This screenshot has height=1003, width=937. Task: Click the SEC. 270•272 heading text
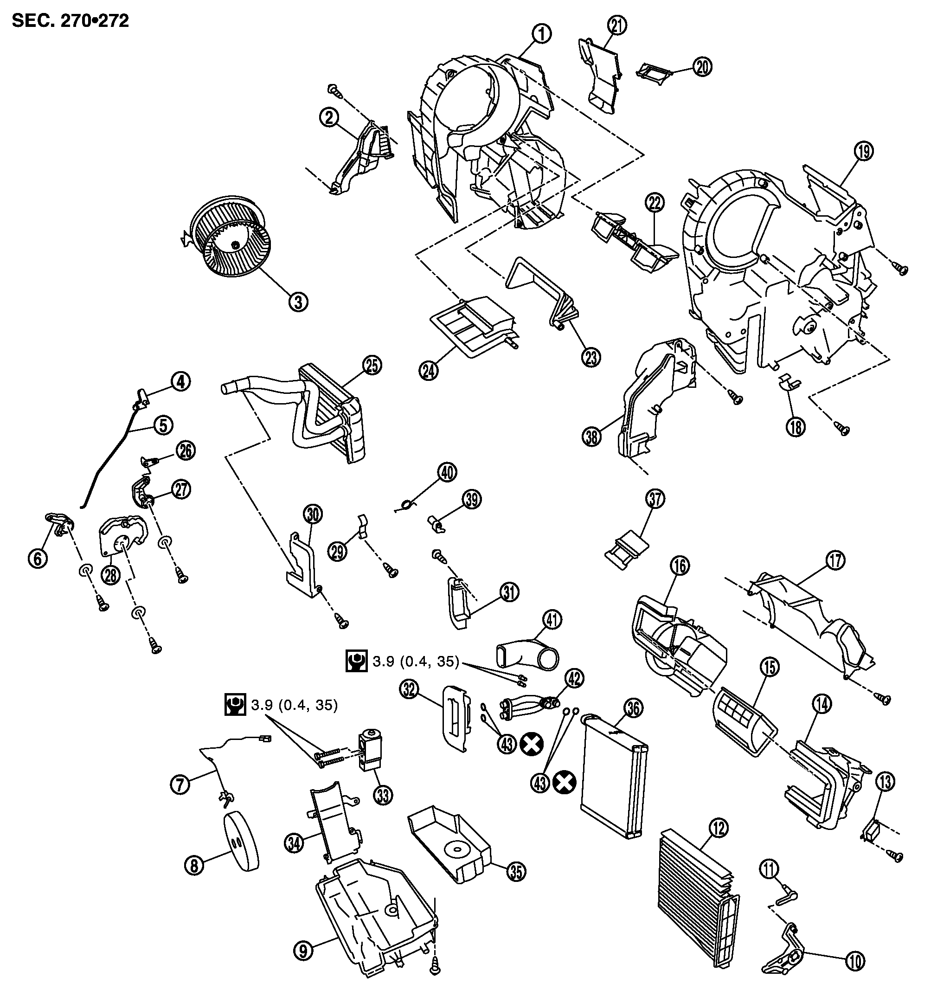click(71, 21)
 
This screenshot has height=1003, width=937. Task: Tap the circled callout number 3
click(298, 302)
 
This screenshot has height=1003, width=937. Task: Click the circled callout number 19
click(864, 151)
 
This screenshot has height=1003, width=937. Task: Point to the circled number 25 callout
click(372, 365)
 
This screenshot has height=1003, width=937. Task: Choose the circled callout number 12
click(719, 828)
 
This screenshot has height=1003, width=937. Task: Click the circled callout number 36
click(634, 708)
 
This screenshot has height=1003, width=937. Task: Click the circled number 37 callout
click(655, 498)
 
